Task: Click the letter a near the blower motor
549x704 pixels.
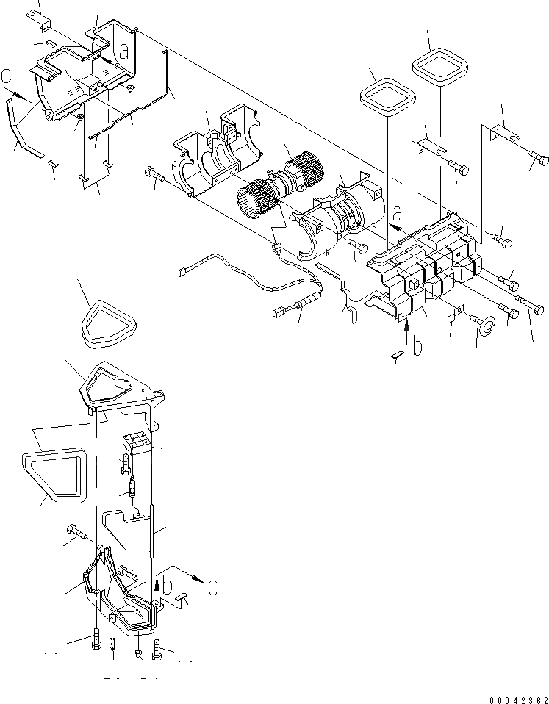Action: (x=397, y=215)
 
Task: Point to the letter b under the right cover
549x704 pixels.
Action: (x=417, y=345)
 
